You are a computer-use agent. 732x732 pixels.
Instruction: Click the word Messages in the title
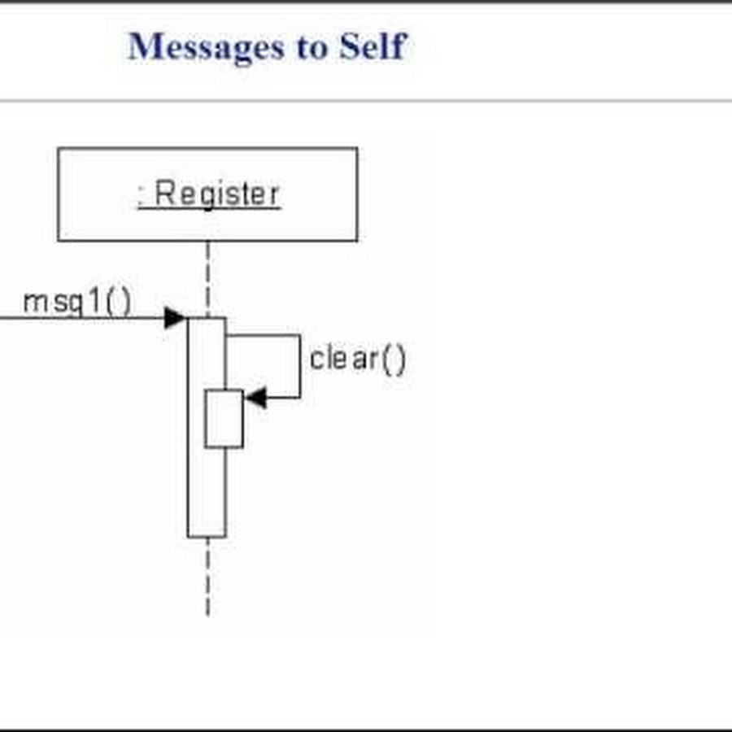point(206,47)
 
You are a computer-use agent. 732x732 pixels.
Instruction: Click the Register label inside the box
point(209,194)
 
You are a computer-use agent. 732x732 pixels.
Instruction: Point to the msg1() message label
point(77,302)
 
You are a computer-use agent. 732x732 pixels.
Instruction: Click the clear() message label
point(358,359)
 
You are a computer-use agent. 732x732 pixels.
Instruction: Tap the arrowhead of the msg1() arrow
point(176,318)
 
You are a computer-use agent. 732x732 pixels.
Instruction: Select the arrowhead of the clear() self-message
point(255,398)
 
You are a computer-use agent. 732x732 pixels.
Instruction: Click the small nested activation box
point(224,419)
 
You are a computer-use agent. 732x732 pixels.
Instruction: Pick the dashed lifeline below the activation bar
point(207,577)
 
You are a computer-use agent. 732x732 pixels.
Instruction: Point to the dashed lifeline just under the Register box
point(207,280)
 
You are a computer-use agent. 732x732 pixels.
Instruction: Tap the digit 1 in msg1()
point(95,301)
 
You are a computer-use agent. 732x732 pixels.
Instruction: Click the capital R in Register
point(164,193)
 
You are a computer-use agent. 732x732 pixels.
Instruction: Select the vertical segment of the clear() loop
point(299,367)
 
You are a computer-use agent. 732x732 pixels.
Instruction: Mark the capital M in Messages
point(144,46)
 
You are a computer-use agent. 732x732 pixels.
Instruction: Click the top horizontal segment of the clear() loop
point(264,335)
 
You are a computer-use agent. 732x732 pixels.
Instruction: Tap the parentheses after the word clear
point(394,359)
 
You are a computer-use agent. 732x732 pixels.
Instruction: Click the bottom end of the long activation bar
point(207,537)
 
